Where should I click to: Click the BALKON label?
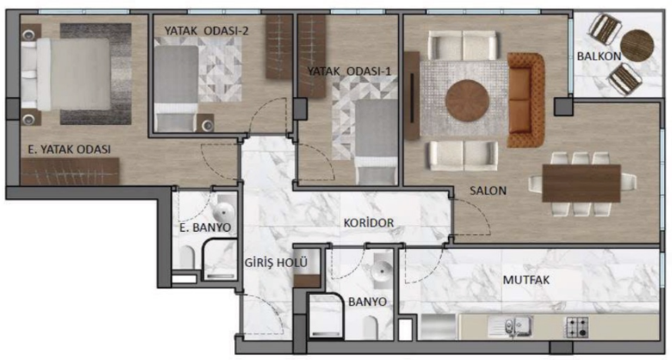(x=598, y=56)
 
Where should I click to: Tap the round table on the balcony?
(x=637, y=46)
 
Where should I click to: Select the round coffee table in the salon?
(x=467, y=101)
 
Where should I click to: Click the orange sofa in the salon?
(x=526, y=100)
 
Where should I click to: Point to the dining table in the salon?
(x=582, y=183)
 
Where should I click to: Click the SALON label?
(x=488, y=190)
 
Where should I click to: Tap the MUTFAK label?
(x=526, y=280)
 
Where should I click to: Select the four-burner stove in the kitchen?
(x=577, y=327)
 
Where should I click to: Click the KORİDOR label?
(x=369, y=223)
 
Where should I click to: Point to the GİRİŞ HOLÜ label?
(x=276, y=263)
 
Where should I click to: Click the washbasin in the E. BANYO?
(x=224, y=211)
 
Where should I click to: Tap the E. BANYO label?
(x=205, y=227)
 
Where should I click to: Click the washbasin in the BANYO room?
(x=381, y=271)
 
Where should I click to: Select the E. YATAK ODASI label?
(x=70, y=150)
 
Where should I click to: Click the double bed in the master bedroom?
(x=65, y=74)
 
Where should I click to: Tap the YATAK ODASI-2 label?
(x=207, y=31)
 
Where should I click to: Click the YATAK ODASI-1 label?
(x=349, y=71)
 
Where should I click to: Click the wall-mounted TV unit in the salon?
(x=412, y=96)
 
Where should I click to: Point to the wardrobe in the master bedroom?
(x=70, y=171)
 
